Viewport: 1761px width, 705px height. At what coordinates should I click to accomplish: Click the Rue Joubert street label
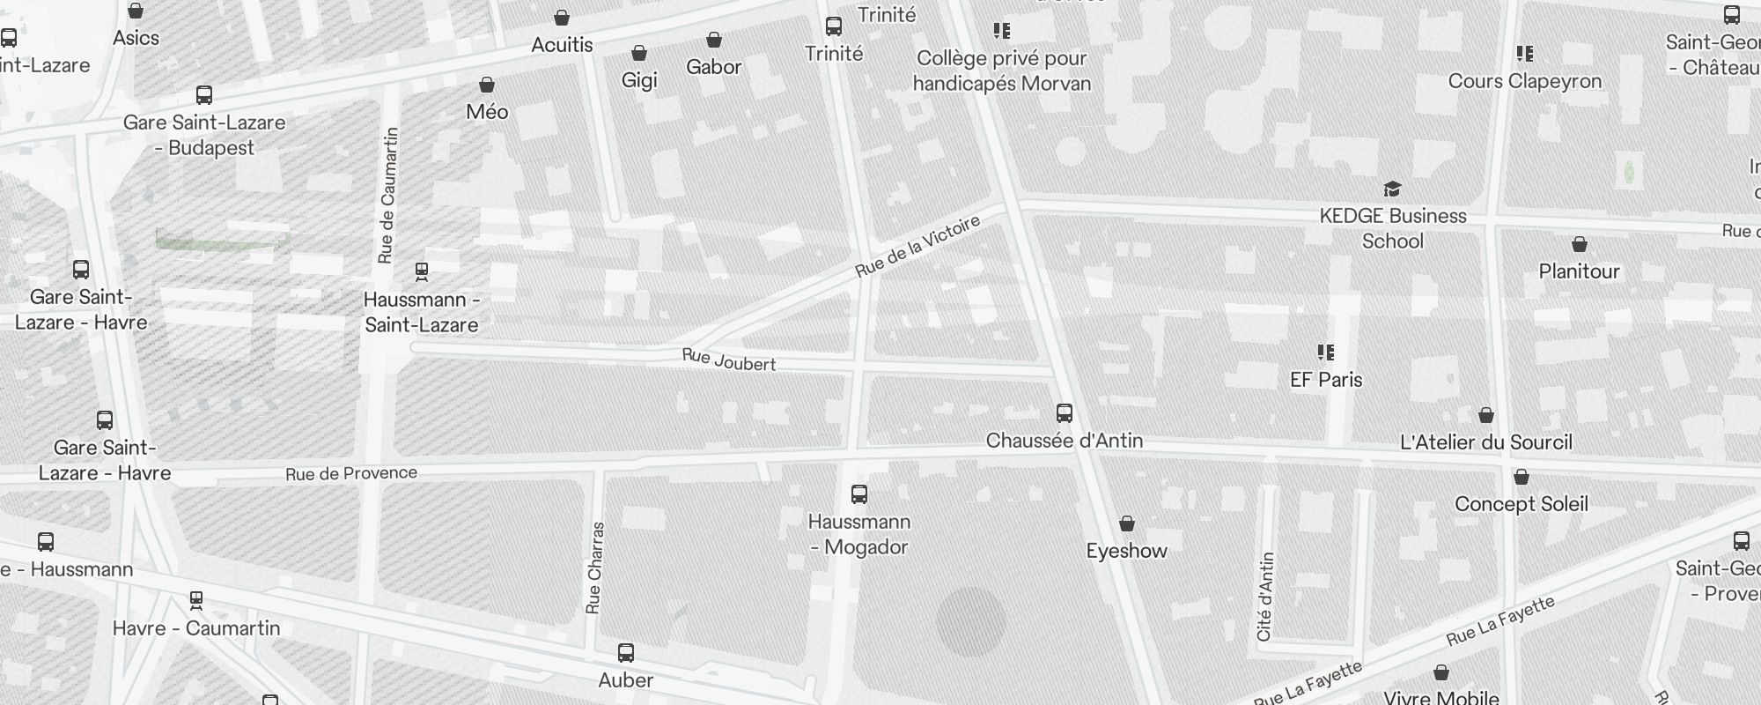pos(728,360)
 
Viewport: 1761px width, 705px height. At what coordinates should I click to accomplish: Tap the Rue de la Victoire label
pos(917,247)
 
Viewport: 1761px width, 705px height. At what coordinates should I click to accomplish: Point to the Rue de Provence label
pos(351,473)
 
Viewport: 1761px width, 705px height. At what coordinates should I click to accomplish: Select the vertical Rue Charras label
pos(595,568)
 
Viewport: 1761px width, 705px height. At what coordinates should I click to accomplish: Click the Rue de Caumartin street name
pos(387,196)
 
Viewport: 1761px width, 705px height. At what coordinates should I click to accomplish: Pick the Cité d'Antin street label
pos(1265,597)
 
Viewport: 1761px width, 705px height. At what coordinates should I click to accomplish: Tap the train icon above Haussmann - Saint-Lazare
pos(422,271)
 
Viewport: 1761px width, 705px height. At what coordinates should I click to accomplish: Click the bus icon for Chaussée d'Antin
pos(1065,412)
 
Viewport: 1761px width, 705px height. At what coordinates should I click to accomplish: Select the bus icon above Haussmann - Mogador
pos(859,494)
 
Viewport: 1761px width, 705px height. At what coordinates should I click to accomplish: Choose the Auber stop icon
pos(626,653)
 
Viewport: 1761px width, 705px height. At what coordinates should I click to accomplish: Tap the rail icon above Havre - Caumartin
pos(196,601)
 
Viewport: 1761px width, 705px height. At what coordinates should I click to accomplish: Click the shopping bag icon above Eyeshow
pos(1127,524)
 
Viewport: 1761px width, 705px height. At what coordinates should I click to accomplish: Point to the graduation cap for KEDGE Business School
pos(1392,189)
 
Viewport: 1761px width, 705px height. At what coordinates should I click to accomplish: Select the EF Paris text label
pos(1326,380)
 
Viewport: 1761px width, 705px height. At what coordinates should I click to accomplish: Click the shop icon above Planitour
pos(1580,244)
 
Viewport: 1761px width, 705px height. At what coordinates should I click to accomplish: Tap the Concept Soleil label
pos(1522,504)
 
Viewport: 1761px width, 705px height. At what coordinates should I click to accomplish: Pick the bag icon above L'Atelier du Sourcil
pos(1486,415)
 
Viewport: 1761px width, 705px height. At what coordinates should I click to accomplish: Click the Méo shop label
pos(487,112)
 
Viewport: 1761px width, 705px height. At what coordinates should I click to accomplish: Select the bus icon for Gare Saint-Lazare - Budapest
pos(204,95)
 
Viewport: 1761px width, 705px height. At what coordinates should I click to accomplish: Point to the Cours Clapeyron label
pos(1525,81)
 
